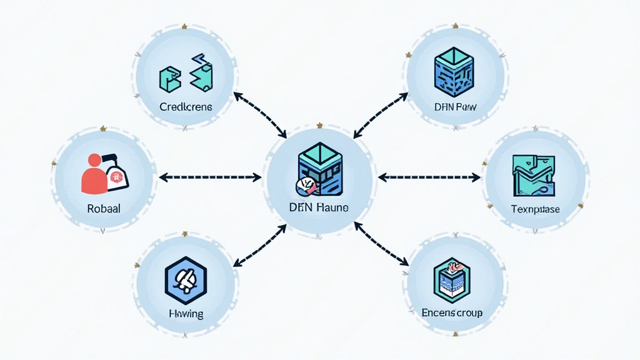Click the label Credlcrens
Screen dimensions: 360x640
tap(186, 107)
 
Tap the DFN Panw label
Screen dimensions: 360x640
tap(455, 107)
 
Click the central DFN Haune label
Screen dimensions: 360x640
tap(319, 207)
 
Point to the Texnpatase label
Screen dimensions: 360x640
tap(535, 209)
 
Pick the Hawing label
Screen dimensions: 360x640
tap(186, 313)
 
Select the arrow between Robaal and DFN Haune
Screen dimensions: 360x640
tap(210, 177)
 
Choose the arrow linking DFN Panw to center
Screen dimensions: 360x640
tap(379, 114)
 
